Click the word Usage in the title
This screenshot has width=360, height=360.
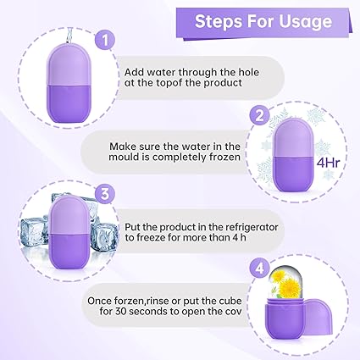coord(306,21)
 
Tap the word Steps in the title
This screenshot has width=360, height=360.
coord(218,21)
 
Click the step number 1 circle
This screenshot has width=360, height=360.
coord(105,40)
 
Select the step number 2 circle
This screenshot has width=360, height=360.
coord(259,116)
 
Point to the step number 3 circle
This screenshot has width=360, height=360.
coord(105,194)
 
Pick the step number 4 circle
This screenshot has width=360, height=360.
coord(259,269)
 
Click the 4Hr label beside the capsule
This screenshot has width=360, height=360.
coord(328,163)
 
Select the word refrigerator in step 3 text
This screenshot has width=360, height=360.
coord(251,227)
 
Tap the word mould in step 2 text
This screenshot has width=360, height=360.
coord(122,157)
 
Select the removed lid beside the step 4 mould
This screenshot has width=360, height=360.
coord(318,317)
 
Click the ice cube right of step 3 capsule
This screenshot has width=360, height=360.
coord(103,236)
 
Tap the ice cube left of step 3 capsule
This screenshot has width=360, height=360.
coord(34,230)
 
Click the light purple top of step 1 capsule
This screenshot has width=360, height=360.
coord(69,64)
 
